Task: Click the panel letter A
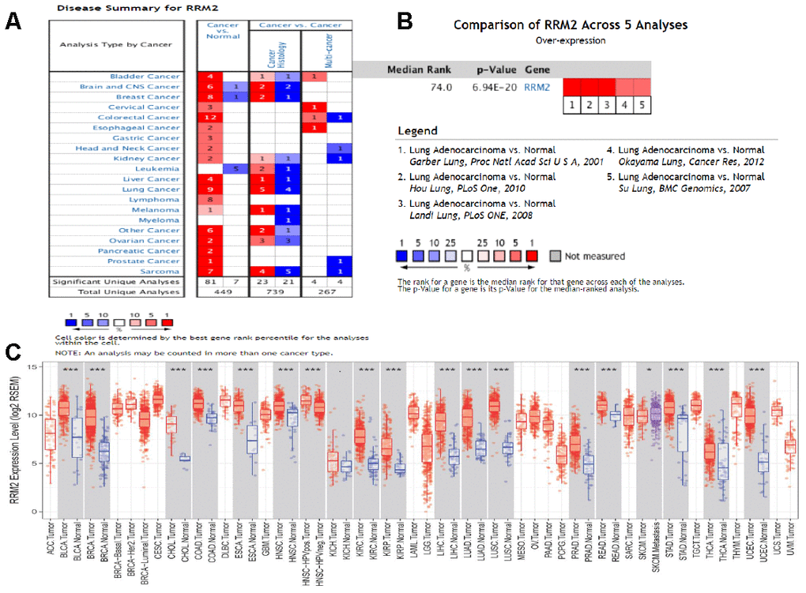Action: [13, 21]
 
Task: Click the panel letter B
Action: [404, 21]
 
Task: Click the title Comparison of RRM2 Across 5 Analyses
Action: [570, 25]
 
